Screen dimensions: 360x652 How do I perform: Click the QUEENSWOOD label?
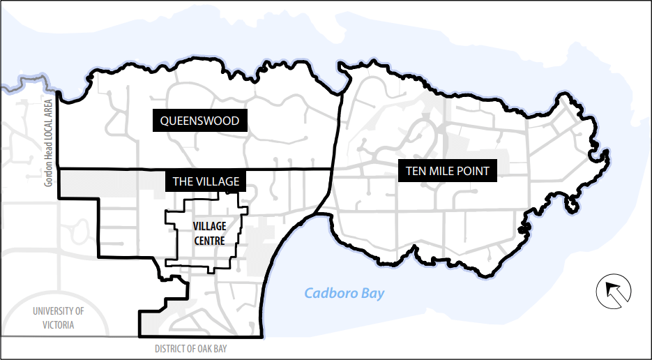(x=199, y=121)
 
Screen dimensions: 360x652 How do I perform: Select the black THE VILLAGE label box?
(x=206, y=181)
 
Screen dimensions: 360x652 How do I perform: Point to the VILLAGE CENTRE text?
(x=209, y=234)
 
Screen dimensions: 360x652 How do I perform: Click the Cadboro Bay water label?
(x=344, y=293)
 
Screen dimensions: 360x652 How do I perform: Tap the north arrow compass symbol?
(x=614, y=292)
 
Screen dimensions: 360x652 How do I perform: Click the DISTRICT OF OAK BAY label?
(x=190, y=348)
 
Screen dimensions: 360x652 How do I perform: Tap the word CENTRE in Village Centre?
(x=209, y=241)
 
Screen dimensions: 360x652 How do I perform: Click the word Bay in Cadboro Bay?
(x=372, y=293)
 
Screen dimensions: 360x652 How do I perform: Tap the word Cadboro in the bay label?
(x=330, y=293)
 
